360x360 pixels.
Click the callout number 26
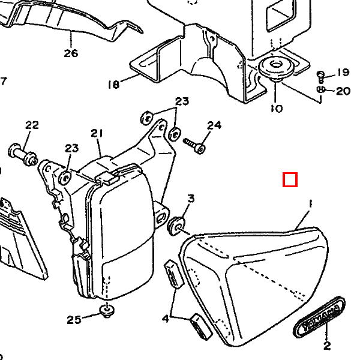(x=71, y=53)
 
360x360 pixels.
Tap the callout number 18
(x=114, y=84)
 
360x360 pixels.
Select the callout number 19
(x=343, y=73)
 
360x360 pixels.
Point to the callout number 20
(x=343, y=91)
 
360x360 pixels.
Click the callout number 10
(x=277, y=109)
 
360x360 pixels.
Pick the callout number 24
(x=214, y=125)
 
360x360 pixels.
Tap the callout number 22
(x=32, y=125)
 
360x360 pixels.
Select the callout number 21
(x=97, y=133)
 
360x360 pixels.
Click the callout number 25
(x=74, y=320)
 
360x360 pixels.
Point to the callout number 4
(x=166, y=319)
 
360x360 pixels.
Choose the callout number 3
(x=191, y=199)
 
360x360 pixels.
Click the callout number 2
(x=327, y=346)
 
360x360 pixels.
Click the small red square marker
(x=290, y=179)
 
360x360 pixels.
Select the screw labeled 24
(x=194, y=146)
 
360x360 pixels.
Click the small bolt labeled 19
(x=321, y=77)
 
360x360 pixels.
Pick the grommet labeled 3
(x=176, y=226)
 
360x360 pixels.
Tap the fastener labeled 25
(x=107, y=311)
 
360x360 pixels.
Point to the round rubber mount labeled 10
(x=276, y=67)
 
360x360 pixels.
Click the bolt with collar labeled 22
(x=23, y=154)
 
